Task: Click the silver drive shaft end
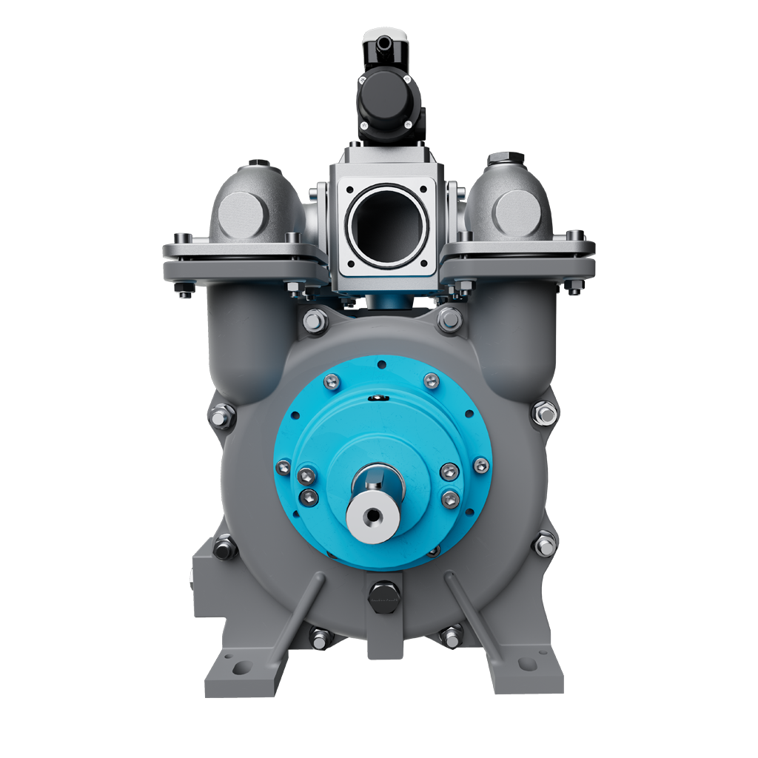(x=373, y=514)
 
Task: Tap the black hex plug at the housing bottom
(x=383, y=593)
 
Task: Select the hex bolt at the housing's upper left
(x=315, y=321)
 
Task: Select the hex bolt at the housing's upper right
(x=450, y=320)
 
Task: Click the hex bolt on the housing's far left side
(x=222, y=417)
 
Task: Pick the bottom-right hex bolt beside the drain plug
(x=451, y=635)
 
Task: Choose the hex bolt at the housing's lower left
(x=225, y=548)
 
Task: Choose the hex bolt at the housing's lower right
(x=545, y=545)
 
